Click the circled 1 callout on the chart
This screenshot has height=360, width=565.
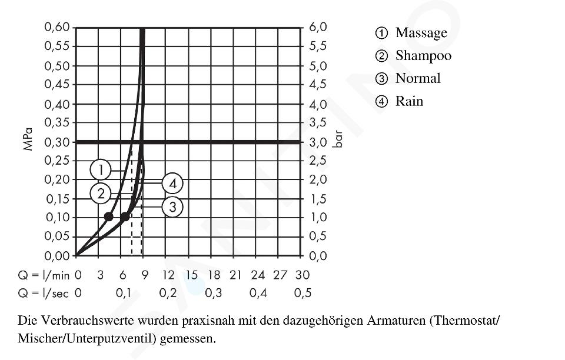101,170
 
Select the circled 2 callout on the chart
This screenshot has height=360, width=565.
101,193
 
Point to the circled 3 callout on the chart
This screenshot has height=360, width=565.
172,206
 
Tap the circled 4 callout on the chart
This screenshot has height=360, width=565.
172,184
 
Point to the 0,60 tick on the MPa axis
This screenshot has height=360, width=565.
57,27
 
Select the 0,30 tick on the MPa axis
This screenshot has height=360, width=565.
57,142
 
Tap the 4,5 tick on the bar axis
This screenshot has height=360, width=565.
318,84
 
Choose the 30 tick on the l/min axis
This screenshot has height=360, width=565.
303,275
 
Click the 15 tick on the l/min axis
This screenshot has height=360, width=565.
191,275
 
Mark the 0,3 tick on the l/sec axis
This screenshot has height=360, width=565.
213,293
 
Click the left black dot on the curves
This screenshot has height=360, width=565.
108,216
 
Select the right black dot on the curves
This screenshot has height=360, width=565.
125,216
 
